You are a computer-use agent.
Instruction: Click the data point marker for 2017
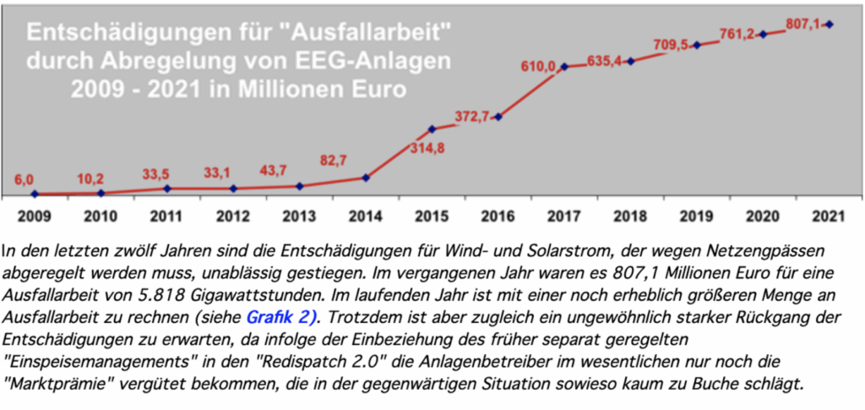tap(564, 67)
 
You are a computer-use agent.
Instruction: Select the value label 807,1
tap(803, 24)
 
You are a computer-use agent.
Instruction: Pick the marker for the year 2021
tap(830, 25)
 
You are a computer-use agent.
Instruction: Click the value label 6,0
tap(23, 180)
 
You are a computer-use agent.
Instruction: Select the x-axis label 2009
tap(35, 216)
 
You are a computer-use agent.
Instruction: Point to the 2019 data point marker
tap(697, 45)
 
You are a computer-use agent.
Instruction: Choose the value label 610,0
tap(537, 67)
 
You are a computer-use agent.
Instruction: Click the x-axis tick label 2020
tap(763, 216)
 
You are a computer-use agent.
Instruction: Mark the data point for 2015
tap(432, 129)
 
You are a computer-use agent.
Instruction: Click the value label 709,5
tap(672, 46)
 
